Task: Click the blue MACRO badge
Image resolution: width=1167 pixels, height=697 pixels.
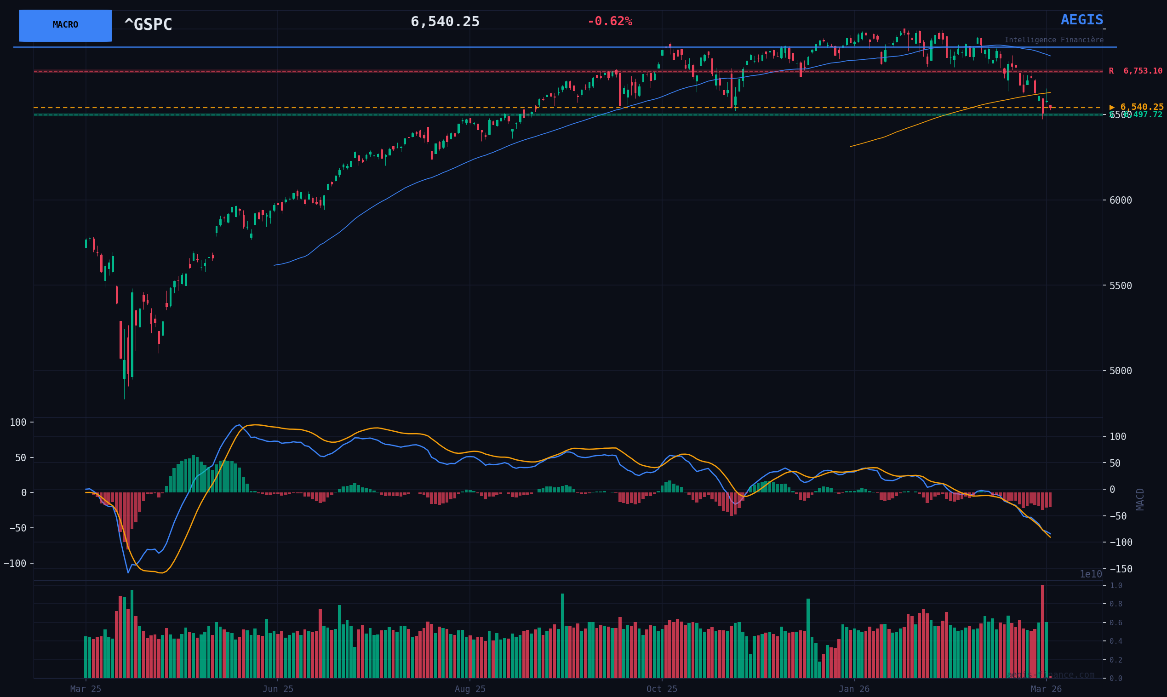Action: pyautogui.click(x=65, y=25)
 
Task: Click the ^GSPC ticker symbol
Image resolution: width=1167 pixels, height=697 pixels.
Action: pyautogui.click(x=148, y=25)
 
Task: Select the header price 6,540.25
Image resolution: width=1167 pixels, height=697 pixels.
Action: pyautogui.click(x=445, y=22)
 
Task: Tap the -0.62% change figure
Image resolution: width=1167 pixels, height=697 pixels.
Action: pyautogui.click(x=610, y=22)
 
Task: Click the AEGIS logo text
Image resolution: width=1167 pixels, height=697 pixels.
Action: pyautogui.click(x=1081, y=20)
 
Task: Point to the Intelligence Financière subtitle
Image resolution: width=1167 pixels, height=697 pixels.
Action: pyautogui.click(x=1054, y=40)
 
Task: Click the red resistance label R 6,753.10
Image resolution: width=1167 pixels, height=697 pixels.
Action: pyautogui.click(x=1135, y=71)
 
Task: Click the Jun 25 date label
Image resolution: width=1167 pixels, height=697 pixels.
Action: pyautogui.click(x=278, y=689)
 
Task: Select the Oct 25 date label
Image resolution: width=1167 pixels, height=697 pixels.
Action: pyautogui.click(x=662, y=689)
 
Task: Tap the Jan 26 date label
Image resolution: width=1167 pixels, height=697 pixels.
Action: pyautogui.click(x=854, y=689)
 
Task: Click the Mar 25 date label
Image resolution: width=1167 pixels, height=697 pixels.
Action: pyautogui.click(x=86, y=689)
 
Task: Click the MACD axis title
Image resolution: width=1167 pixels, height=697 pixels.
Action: pyautogui.click(x=1140, y=499)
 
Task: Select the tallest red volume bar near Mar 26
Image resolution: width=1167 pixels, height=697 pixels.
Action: pyautogui.click(x=1042, y=631)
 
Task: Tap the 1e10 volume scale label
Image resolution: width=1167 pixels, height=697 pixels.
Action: pyautogui.click(x=1091, y=574)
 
